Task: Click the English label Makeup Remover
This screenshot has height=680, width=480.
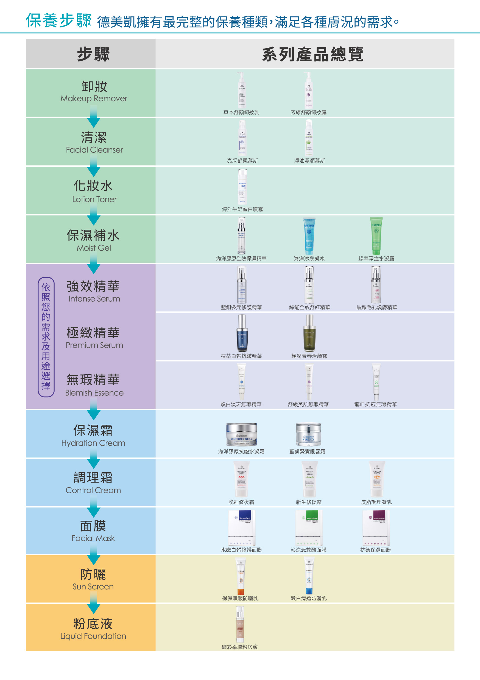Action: pos(94,99)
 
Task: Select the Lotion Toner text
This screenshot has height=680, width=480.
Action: pos(94,199)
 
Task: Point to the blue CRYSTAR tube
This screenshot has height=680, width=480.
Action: pos(309,236)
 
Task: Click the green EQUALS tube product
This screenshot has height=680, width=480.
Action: pos(376,236)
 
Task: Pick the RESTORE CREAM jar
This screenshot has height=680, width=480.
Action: pos(241,435)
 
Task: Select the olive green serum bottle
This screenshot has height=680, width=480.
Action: pos(309,333)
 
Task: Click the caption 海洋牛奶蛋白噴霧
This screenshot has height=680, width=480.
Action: pos(242,209)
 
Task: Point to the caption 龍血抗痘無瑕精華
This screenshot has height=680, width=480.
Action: pos(376,404)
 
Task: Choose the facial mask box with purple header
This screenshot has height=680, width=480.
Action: pos(376,528)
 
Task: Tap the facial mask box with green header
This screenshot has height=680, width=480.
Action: pos(309,528)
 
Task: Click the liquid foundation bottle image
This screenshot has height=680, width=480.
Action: pos(240,624)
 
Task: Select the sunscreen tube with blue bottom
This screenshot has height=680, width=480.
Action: pos(309,576)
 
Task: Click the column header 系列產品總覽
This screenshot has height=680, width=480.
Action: pos(313,54)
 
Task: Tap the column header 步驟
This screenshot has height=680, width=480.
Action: pos(93,54)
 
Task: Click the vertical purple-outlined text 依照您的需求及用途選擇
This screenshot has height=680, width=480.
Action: pos(46,337)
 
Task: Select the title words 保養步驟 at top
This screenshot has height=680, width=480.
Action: pos(58,21)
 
